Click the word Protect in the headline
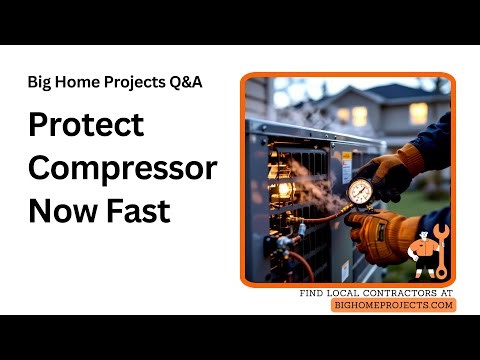click(86, 125)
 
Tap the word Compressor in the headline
click(122, 168)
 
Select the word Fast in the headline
click(137, 211)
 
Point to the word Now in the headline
click(61, 211)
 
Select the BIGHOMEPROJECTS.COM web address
click(393, 305)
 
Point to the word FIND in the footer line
click(312, 293)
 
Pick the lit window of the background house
click(360, 115)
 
